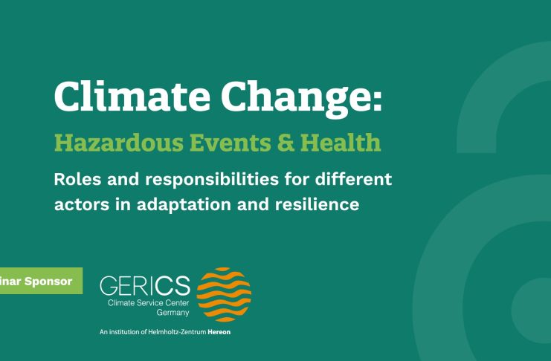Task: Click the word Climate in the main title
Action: pos(132,96)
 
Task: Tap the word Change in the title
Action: pos(294,99)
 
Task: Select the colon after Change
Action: pos(377,101)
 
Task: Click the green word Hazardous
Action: pos(119,142)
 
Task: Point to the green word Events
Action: pos(231,142)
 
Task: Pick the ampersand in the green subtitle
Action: pos(286,142)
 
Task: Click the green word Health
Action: pos(341,142)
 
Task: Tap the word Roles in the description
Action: pos(77,179)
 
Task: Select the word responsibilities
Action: pos(212,180)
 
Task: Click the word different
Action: pos(353,179)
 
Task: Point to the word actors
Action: pos(82,204)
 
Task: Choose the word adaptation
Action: pos(184,206)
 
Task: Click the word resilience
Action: pos(317,204)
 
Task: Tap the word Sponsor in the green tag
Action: pos(48,282)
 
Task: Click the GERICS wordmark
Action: pos(145,285)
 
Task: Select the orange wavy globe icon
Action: pos(224,295)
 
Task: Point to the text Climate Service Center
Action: pos(148,303)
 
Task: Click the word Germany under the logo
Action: pos(173,313)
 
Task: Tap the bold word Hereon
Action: pos(219,332)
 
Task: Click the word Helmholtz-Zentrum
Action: pos(177,332)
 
